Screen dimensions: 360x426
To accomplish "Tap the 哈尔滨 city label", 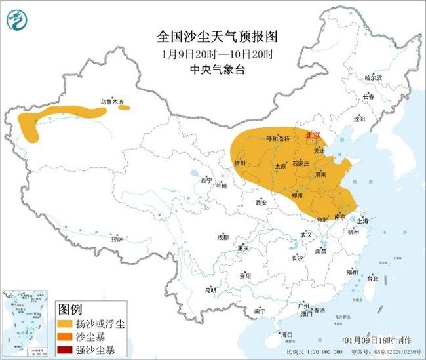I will [x=373, y=78].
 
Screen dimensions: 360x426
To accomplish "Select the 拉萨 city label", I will [x=117, y=239].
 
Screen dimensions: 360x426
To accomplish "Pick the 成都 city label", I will [x=223, y=237].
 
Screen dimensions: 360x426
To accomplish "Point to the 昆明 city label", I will [x=210, y=289].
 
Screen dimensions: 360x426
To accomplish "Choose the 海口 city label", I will [x=286, y=334].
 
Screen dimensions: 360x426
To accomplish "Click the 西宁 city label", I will [x=207, y=180].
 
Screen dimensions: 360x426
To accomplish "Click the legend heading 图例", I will [x=70, y=308].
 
